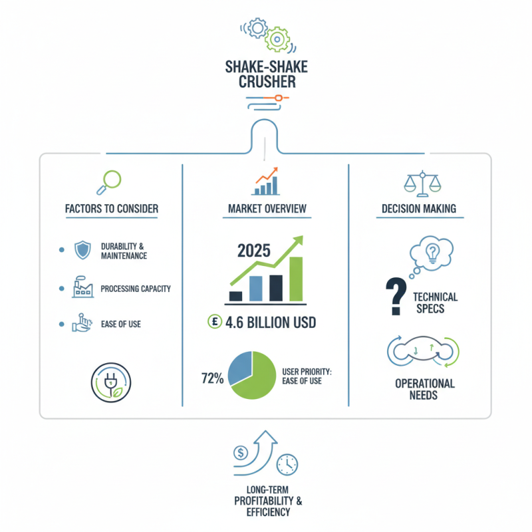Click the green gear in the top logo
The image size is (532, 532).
(277, 39)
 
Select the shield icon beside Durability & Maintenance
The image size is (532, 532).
(82, 250)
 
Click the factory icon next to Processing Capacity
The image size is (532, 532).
(82, 287)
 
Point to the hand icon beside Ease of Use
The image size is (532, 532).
(81, 323)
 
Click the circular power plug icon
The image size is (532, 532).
(111, 383)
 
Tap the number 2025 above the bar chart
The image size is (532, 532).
(254, 251)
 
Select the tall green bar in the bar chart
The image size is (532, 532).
(296, 279)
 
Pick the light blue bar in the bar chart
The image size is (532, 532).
(256, 289)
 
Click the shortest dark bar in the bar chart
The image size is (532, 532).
(236, 296)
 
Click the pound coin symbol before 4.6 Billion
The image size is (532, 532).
(214, 321)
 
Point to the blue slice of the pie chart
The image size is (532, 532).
(239, 368)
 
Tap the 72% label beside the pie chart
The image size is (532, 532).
(212, 378)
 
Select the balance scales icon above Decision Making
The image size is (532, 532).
(422, 184)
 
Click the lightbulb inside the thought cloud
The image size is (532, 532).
(433, 254)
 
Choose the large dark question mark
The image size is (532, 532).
(396, 296)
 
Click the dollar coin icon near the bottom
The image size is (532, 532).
(241, 453)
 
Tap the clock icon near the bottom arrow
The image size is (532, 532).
(287, 464)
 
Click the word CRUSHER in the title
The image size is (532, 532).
(267, 82)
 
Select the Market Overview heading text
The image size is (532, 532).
(267, 209)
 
